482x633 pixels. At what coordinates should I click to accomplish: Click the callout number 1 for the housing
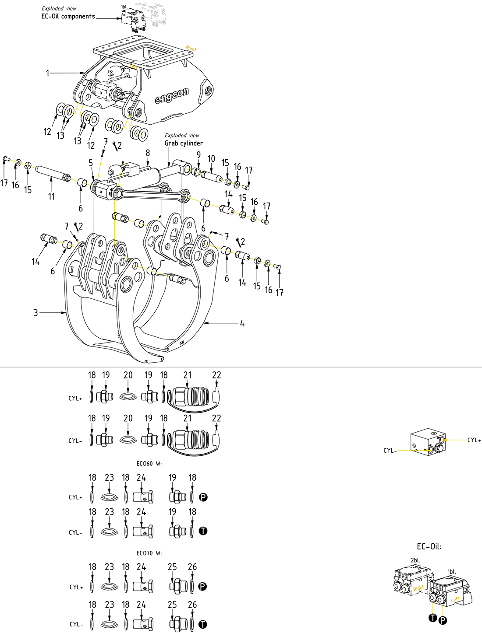(x=47, y=73)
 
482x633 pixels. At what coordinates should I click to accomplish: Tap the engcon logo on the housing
(x=172, y=95)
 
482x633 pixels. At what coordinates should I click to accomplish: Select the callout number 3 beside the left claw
(x=35, y=313)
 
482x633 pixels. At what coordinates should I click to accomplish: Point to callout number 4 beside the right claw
(x=242, y=323)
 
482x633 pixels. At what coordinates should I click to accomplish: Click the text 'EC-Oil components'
(x=68, y=17)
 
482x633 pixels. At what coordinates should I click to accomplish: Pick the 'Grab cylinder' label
(x=184, y=143)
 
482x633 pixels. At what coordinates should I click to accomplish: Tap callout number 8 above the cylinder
(x=148, y=153)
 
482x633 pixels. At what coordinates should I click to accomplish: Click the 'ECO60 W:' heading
(x=149, y=464)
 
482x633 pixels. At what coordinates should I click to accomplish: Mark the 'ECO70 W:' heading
(x=149, y=553)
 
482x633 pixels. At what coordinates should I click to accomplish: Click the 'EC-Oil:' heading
(x=429, y=546)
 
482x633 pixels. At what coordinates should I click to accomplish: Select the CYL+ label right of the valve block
(x=474, y=440)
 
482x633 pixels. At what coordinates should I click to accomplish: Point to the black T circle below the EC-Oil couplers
(x=433, y=618)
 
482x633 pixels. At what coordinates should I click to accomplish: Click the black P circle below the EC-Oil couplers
(x=443, y=620)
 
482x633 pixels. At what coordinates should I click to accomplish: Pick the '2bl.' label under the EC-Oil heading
(x=415, y=560)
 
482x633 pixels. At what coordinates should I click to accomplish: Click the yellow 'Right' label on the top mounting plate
(x=191, y=49)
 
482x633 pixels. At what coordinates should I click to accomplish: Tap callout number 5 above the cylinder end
(x=91, y=163)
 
